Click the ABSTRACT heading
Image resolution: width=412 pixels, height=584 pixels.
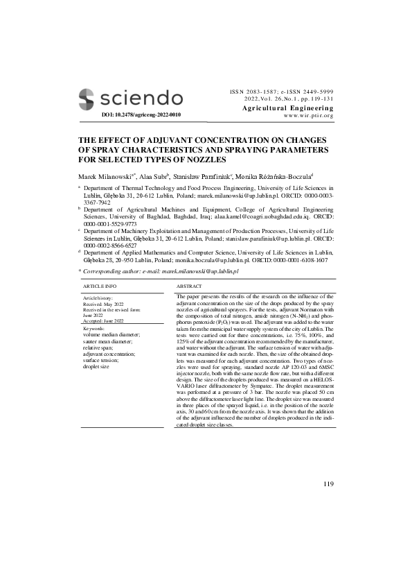[189, 286]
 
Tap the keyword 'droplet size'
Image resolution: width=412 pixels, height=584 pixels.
[96, 366]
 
